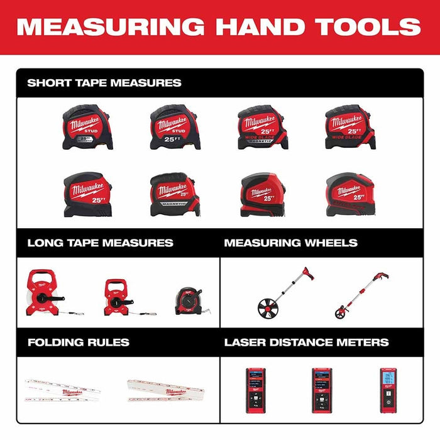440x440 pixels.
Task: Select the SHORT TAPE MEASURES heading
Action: coord(104,82)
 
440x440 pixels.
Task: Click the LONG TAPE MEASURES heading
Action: coord(100,243)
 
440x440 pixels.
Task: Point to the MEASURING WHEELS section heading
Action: coord(290,243)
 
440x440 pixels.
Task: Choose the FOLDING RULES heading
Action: coord(78,343)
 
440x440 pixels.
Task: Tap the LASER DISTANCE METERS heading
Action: coord(306,343)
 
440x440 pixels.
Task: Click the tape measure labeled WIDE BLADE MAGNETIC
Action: coord(262,127)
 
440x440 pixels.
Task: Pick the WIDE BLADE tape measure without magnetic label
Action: coord(349,127)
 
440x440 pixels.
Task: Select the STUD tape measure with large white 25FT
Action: coord(175,127)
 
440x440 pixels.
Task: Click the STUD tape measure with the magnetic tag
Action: coord(87,127)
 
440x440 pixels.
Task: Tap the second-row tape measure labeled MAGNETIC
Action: coord(174,195)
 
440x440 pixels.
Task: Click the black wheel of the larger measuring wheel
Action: coord(268,308)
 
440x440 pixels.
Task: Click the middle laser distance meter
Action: coord(322,390)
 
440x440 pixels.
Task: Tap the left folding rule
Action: coord(63,390)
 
